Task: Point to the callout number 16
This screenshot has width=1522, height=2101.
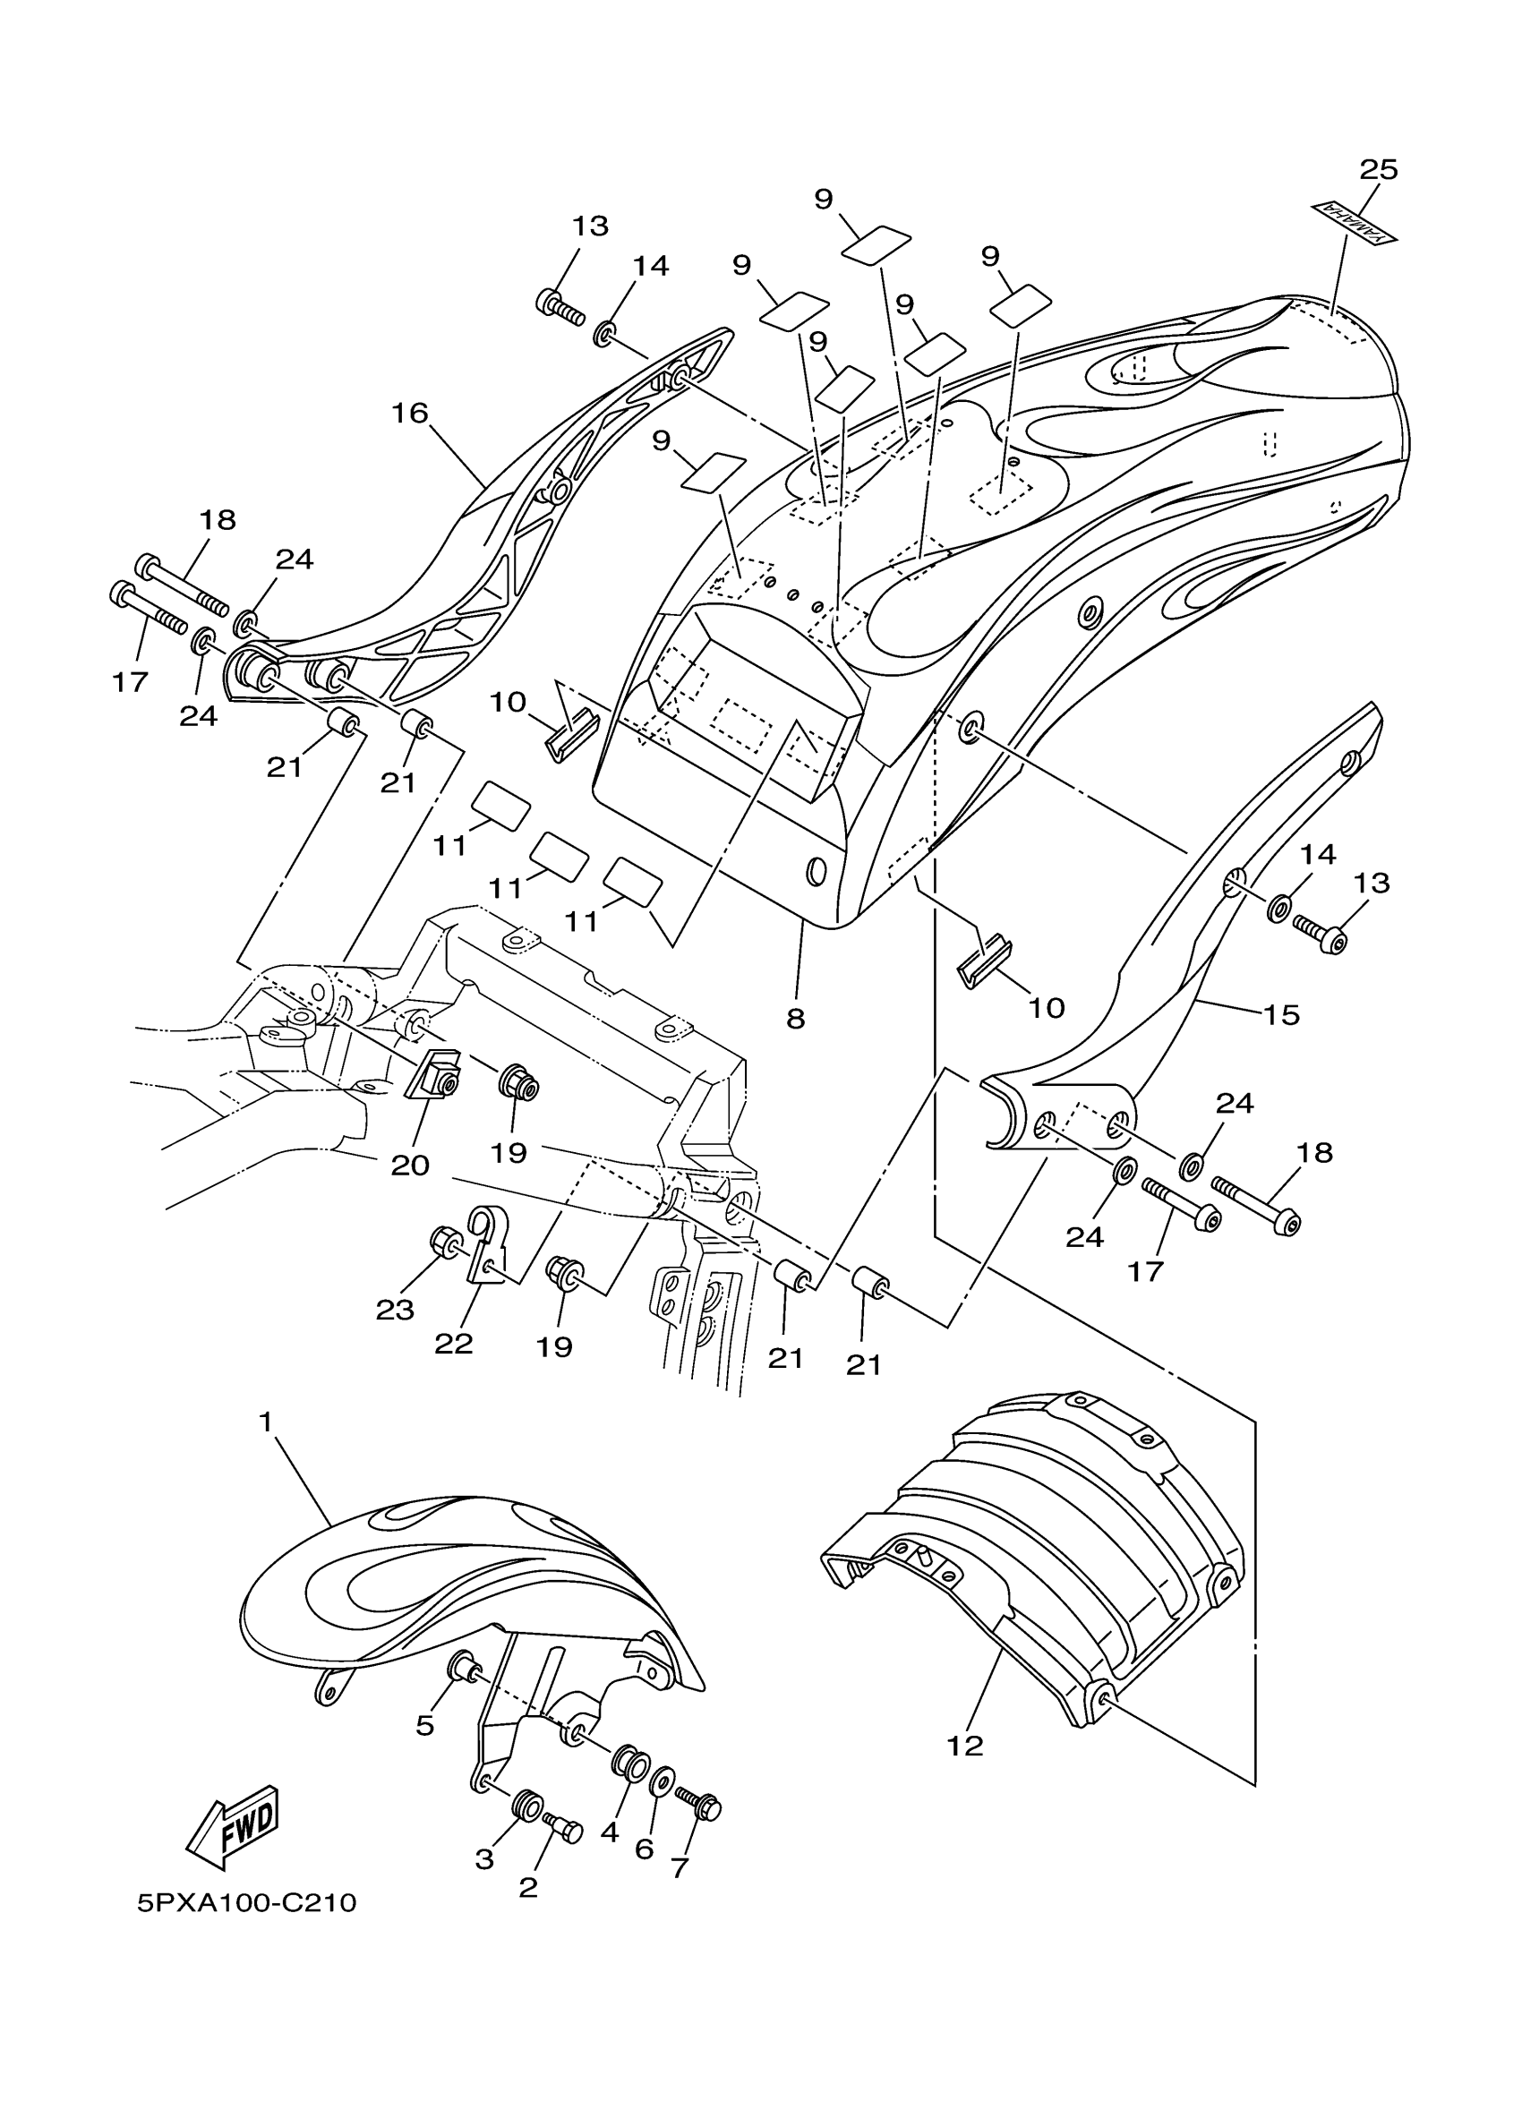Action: tap(409, 414)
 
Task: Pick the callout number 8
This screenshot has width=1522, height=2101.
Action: tap(795, 1019)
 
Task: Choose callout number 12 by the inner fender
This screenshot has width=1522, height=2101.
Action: tap(964, 1747)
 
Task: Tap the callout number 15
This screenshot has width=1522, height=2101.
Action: tap(1282, 1014)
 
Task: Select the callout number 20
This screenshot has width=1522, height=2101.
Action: tap(409, 1166)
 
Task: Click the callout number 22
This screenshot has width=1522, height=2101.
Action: tap(454, 1344)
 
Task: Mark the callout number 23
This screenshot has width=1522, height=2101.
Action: tap(395, 1309)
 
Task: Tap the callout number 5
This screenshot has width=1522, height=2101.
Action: tap(424, 1725)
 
